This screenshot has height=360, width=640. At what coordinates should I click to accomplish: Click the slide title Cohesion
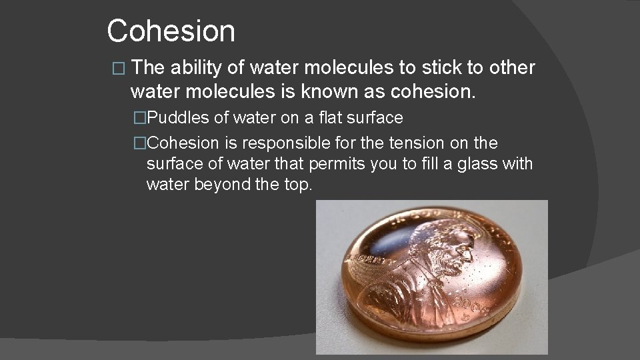pos(171,31)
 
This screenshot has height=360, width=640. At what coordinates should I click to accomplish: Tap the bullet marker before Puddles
pos(140,119)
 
